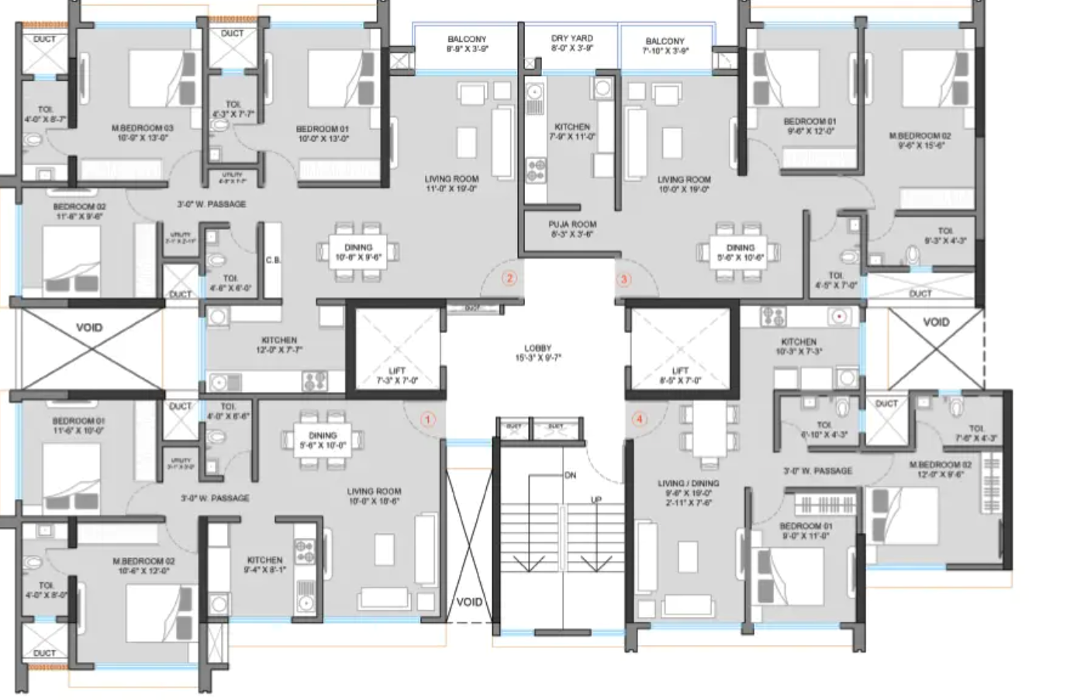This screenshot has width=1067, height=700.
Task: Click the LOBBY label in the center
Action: (x=537, y=348)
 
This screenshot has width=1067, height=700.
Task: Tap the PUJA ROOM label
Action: (x=572, y=224)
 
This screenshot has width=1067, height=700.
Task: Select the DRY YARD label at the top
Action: (x=571, y=38)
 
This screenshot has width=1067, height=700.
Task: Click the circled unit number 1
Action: (x=426, y=420)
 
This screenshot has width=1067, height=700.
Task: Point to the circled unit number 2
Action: (x=509, y=279)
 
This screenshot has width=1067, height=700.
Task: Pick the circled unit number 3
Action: (x=623, y=279)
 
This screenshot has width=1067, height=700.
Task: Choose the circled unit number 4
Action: (x=639, y=420)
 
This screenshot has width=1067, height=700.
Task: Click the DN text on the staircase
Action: (x=570, y=475)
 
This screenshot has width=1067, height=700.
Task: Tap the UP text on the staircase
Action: (x=596, y=500)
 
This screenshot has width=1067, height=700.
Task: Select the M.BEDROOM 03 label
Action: (x=143, y=128)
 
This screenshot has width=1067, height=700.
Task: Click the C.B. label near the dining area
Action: (x=273, y=260)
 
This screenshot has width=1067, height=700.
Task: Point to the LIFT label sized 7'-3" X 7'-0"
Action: (x=396, y=371)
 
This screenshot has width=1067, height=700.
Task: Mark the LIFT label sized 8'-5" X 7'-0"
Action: (x=680, y=371)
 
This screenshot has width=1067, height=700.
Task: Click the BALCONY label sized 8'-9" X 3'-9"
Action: (x=467, y=39)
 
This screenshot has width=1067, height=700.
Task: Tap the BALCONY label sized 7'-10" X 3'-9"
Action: (x=665, y=41)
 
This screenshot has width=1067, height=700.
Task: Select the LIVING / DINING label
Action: (x=688, y=483)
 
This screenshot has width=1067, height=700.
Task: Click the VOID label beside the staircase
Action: (x=469, y=601)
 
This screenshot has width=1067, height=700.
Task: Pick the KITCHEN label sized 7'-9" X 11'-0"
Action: (x=572, y=126)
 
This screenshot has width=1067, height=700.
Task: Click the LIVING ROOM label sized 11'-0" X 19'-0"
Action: (x=451, y=178)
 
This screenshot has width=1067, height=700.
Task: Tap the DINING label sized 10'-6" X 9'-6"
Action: (x=358, y=248)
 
